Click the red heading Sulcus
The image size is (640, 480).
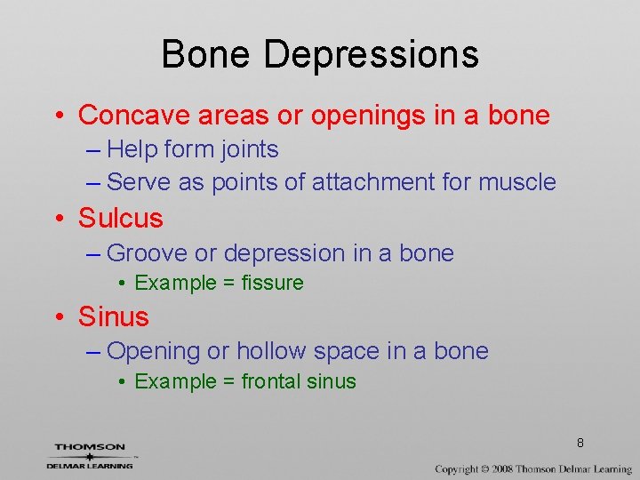click(121, 218)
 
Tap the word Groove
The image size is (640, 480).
click(147, 253)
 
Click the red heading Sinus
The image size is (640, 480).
click(114, 316)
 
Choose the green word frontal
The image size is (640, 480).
click(270, 382)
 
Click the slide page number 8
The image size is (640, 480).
click(580, 443)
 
